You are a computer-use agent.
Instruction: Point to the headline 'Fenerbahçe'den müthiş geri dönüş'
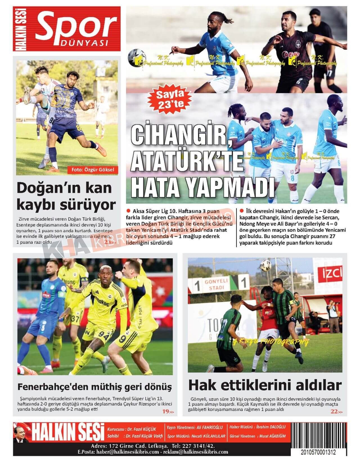click(x=94, y=387)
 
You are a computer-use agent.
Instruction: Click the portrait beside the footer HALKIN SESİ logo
click(x=21, y=437)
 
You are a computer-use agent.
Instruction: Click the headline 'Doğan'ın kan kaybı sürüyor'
click(x=66, y=196)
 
